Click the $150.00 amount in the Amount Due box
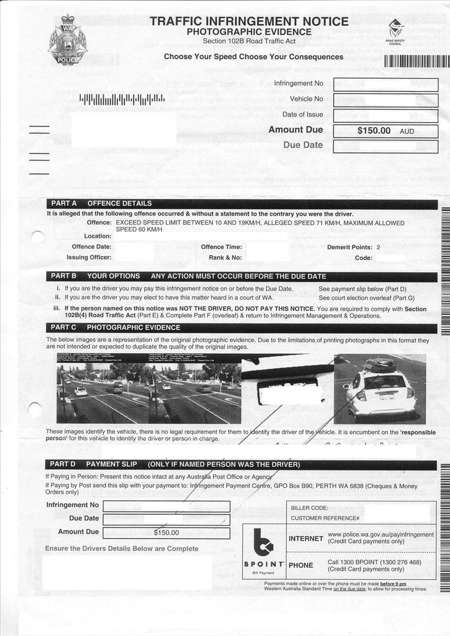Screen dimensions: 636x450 click(374, 131)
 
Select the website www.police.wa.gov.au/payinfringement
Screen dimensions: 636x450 click(381, 535)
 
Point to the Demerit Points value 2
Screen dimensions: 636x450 click(378, 247)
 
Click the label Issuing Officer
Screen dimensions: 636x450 click(89, 258)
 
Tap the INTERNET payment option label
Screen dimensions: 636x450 click(306, 539)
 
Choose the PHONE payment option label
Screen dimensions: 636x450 click(301, 565)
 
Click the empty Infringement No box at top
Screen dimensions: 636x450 click(386, 84)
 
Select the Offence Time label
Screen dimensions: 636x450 click(221, 247)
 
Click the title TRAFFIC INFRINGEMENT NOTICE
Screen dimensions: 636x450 click(249, 22)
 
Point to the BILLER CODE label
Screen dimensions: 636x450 click(309, 508)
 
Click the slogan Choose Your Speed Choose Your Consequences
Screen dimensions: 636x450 click(253, 57)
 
